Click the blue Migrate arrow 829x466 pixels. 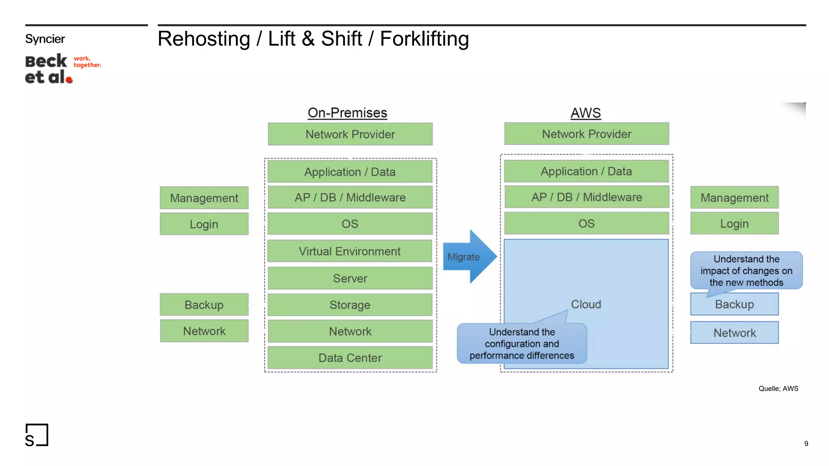pos(468,257)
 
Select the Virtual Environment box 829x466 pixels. pos(350,251)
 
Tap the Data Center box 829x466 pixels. pos(350,358)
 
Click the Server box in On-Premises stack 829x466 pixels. pos(350,278)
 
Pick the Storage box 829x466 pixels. pos(350,305)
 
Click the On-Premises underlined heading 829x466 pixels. pos(347,113)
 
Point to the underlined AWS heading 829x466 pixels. pos(585,113)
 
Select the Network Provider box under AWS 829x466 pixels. pos(586,134)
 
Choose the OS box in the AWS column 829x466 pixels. pos(586,223)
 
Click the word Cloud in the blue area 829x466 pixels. pos(586,304)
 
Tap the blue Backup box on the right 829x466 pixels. pos(734,305)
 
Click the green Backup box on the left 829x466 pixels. pos(204,305)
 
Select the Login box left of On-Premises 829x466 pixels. pos(204,224)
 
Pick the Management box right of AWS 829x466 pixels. pos(734,198)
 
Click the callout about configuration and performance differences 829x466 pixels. pos(521,344)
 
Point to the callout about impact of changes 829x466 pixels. pos(746,270)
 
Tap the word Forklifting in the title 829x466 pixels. pos(424,39)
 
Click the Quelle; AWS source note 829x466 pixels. pos(778,389)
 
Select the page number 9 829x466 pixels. pos(806,444)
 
